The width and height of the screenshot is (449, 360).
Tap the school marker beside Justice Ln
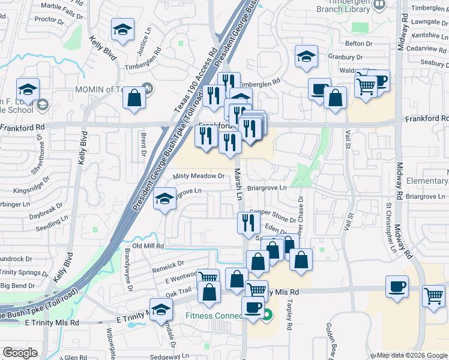pos(122,31)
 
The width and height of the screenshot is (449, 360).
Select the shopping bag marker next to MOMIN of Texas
pos(134,97)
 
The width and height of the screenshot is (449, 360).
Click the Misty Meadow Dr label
pos(198,176)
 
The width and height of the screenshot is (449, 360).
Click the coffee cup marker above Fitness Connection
pos(253,307)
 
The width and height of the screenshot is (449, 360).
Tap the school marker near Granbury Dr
pos(306,58)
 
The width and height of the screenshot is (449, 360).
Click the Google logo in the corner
pos(20,353)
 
